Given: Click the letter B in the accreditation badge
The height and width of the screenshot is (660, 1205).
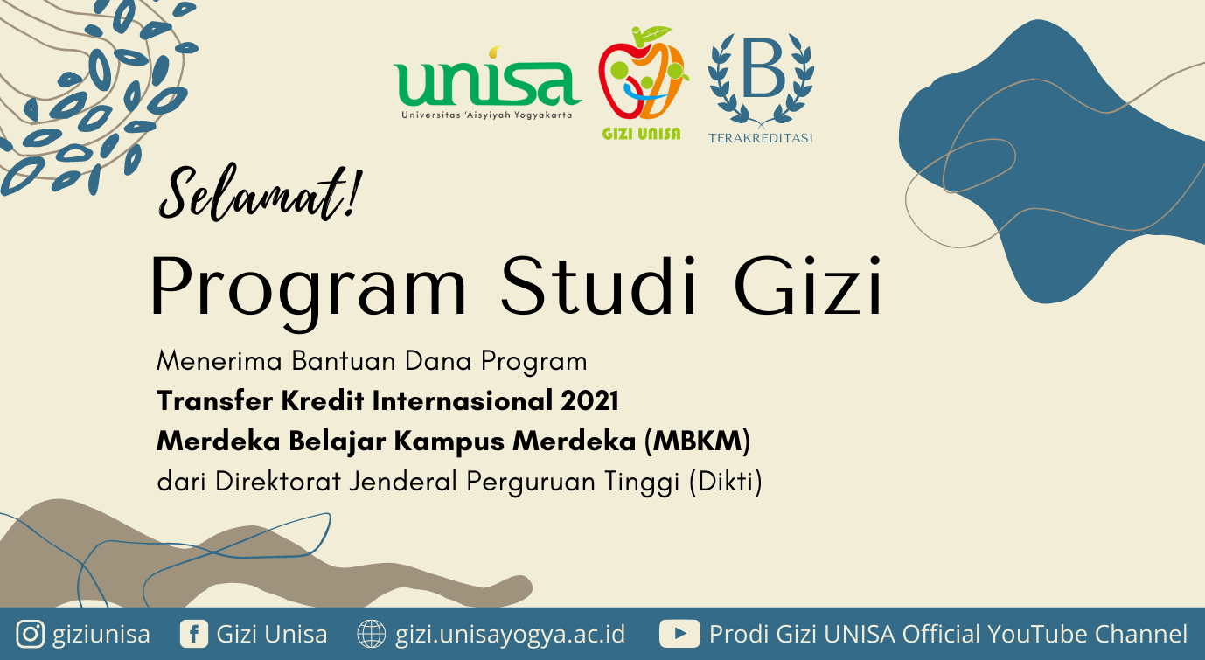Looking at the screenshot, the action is pyautogui.click(x=763, y=68).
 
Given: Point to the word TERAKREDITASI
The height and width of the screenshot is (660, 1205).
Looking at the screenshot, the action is pyautogui.click(x=760, y=138).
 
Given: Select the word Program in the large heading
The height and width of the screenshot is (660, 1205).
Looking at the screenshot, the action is pyautogui.click(x=308, y=288).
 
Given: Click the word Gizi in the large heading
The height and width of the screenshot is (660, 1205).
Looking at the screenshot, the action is pyautogui.click(x=808, y=285).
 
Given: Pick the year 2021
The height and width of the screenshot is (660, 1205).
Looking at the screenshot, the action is pyautogui.click(x=589, y=401).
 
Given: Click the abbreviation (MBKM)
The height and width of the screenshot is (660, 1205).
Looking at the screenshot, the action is pyautogui.click(x=697, y=441).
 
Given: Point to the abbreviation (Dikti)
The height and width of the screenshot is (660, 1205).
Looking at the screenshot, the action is pyautogui.click(x=726, y=482).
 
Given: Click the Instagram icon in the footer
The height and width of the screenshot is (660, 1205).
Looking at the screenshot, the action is pyautogui.click(x=30, y=634).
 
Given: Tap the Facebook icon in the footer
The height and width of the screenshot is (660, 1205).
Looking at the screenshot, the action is pyautogui.click(x=193, y=634).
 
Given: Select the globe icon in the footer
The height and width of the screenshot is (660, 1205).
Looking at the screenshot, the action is pyautogui.click(x=372, y=634).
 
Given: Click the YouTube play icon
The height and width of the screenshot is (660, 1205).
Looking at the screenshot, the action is pyautogui.click(x=679, y=634).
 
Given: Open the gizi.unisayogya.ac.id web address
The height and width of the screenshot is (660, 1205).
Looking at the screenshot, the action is pyautogui.click(x=510, y=635).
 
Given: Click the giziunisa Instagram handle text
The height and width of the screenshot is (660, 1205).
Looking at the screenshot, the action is pyautogui.click(x=101, y=635).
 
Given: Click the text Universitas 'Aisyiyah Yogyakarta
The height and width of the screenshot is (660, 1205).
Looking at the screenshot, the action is pyautogui.click(x=487, y=115).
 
